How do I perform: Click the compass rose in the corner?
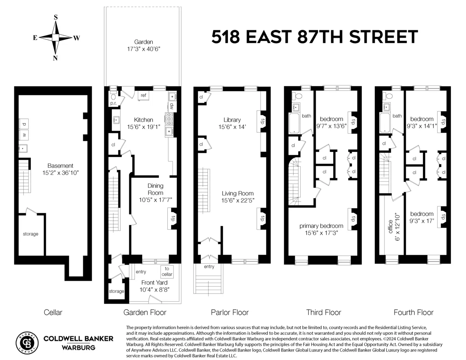56,37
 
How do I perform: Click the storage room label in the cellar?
30,234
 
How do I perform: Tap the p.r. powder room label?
113,103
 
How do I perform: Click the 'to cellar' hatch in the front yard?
167,271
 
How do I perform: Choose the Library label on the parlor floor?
232,120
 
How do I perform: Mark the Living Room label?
238,193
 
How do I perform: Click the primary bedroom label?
321,226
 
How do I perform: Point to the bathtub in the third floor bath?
294,123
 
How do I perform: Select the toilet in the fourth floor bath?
389,96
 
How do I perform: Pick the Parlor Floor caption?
230,312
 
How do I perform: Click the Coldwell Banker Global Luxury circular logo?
27,342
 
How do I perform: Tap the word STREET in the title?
383,37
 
